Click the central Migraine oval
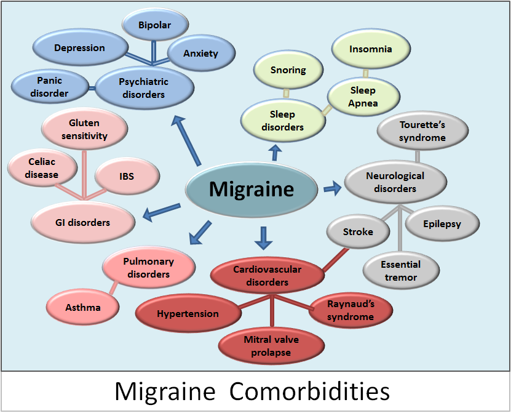[x=251, y=189]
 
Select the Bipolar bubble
[x=154, y=25]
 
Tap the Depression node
[x=79, y=48]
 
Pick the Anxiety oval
[x=200, y=54]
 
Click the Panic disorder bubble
[x=49, y=87]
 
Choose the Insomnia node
[x=370, y=49]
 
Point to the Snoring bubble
[x=288, y=70]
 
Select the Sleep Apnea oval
[x=363, y=96]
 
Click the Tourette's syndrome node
[x=422, y=130]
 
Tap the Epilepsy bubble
[x=442, y=225]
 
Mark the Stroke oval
[x=358, y=233]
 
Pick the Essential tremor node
[x=400, y=271]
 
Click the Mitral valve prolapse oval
[x=271, y=347]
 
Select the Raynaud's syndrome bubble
[x=351, y=310]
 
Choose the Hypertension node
[x=188, y=314]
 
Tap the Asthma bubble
[x=82, y=307]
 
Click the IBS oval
[x=127, y=176]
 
